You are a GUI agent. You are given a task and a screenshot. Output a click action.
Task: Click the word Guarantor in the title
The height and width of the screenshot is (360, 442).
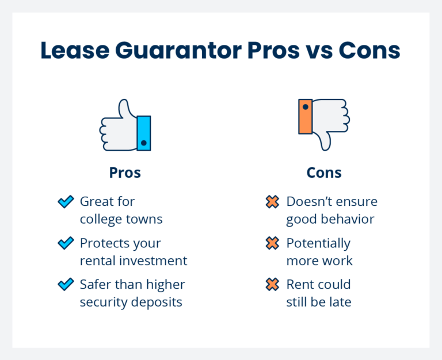[178, 51]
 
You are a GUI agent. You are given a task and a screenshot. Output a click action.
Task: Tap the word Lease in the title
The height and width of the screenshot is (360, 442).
[75, 51]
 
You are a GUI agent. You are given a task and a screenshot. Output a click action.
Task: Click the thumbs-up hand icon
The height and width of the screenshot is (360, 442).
[125, 125]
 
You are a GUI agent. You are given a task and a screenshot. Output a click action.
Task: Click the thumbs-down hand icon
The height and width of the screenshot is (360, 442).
[324, 125]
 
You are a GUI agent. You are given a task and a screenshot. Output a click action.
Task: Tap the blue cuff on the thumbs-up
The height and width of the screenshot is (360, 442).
[144, 133]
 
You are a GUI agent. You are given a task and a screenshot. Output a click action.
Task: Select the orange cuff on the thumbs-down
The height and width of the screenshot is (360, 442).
[305, 116]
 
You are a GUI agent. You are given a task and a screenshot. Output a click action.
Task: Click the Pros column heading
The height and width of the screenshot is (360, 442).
[125, 173]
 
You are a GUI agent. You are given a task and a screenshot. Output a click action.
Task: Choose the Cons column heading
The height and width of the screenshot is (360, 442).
[324, 173]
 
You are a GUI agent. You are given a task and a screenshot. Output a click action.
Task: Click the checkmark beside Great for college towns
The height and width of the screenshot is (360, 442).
[66, 202]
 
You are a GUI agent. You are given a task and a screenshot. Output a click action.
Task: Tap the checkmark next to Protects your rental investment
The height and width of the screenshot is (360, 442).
[66, 243]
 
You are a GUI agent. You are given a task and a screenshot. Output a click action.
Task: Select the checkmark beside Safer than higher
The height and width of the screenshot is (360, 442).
[66, 284]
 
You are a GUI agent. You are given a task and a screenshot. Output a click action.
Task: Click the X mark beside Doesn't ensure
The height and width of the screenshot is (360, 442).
[272, 202]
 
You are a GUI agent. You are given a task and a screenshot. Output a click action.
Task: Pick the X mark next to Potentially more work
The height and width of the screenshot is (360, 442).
[272, 243]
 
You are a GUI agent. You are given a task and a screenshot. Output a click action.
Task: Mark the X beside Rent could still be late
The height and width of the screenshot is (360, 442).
[272, 284]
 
